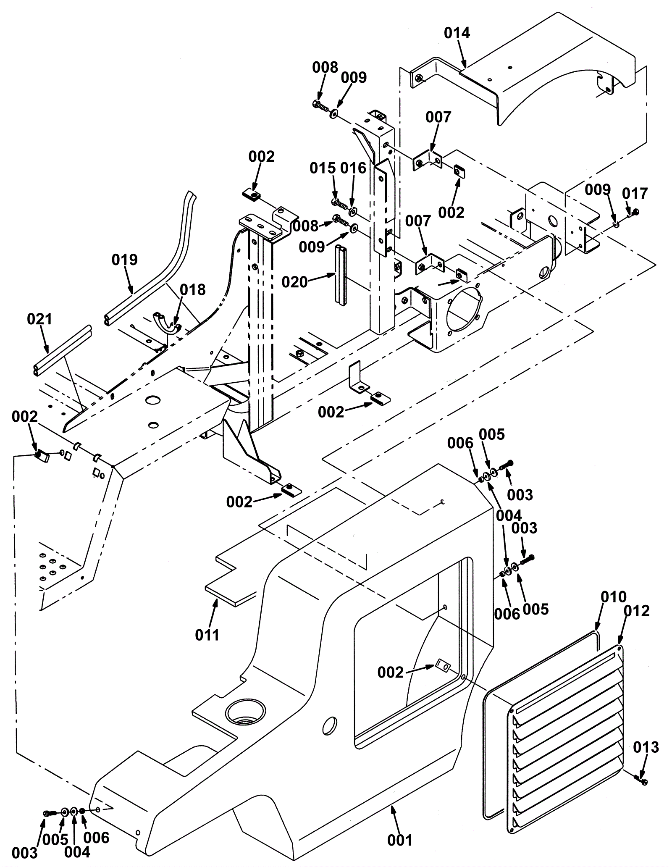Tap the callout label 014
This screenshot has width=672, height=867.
pos(457,33)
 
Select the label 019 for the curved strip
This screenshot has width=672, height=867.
pos(124,260)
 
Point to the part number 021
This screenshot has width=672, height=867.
pos(39,319)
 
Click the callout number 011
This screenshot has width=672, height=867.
pos(207,636)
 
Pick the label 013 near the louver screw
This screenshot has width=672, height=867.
pos(646,747)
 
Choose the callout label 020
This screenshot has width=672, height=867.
pos(294,282)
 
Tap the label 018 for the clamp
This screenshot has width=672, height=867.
pos(193,290)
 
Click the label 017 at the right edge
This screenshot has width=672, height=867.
pos(635,194)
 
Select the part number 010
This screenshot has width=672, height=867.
pos(613,597)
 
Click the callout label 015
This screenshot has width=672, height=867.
pos(323,168)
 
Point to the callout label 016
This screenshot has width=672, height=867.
pos(353,168)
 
